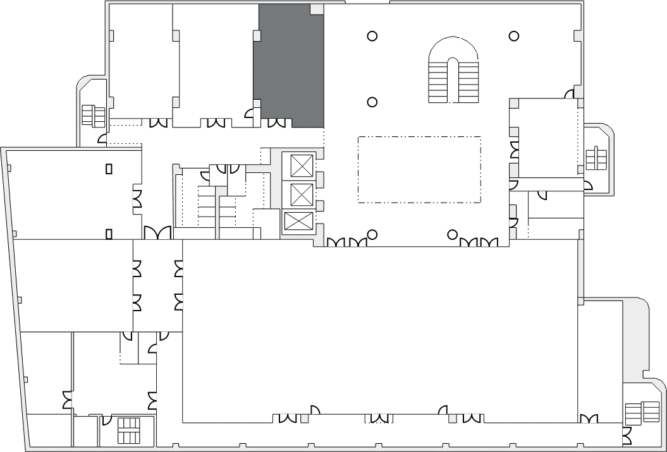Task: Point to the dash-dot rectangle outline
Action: (x=419, y=169)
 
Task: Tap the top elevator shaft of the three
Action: (x=301, y=166)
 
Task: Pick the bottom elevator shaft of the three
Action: (x=298, y=222)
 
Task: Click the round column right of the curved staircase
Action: (x=515, y=36)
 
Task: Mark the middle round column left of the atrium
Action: (x=372, y=101)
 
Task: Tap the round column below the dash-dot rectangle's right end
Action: (x=452, y=235)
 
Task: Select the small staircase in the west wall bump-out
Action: (x=94, y=116)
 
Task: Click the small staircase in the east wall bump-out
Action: (x=596, y=158)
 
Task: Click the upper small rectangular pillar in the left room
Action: (x=109, y=169)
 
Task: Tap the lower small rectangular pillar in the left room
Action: (x=109, y=234)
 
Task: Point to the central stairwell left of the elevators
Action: (x=209, y=205)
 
